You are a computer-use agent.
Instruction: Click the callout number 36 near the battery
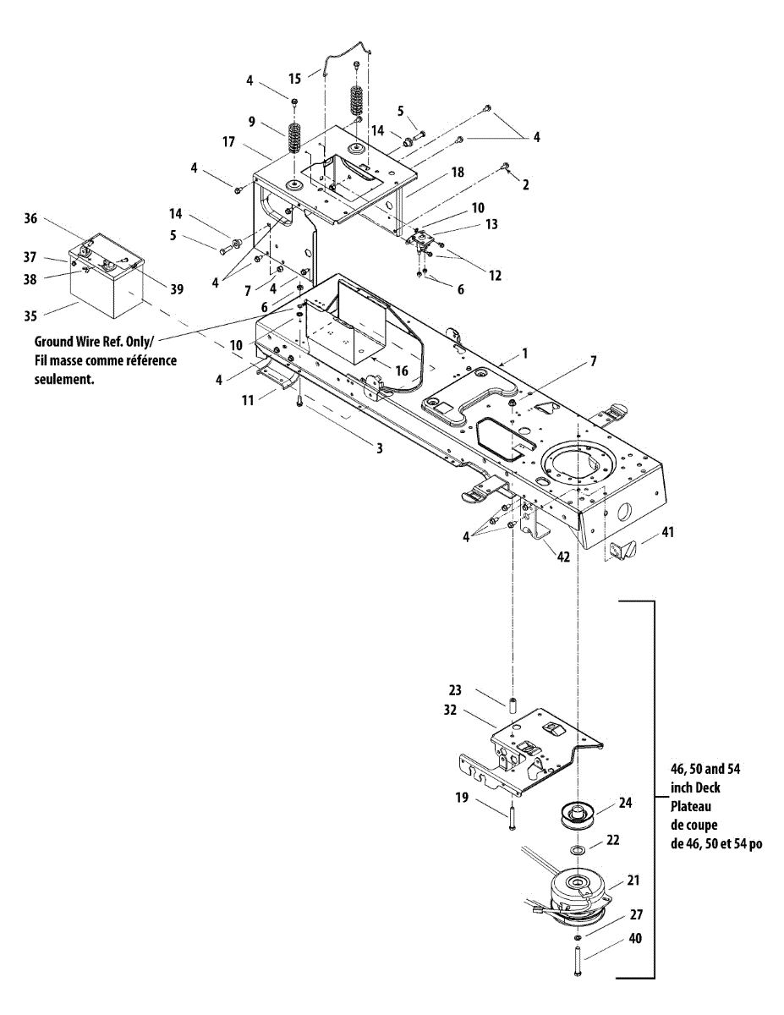[x=30, y=218]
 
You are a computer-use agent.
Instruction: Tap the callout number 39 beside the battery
[x=176, y=289]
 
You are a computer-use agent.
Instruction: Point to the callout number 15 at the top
[x=294, y=78]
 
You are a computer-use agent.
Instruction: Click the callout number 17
[x=228, y=143]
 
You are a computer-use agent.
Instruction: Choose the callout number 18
[x=458, y=172]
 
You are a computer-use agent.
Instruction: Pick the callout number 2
[x=525, y=184]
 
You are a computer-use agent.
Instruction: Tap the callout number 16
[x=402, y=370]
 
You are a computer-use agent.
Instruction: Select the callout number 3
[x=380, y=448]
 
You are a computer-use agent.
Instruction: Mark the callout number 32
[x=450, y=710]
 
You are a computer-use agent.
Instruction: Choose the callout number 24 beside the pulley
[x=625, y=803]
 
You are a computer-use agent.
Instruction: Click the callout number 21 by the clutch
[x=633, y=881]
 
